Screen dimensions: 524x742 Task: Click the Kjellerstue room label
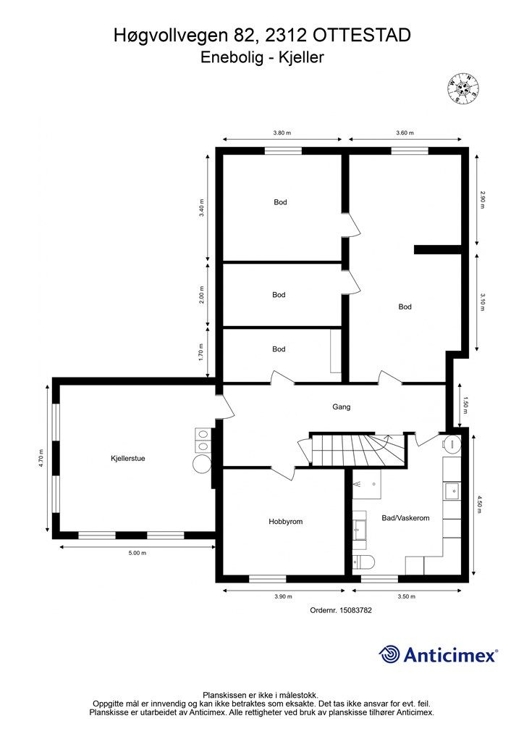pyautogui.click(x=127, y=458)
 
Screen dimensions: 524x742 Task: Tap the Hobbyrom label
pyautogui.click(x=285, y=522)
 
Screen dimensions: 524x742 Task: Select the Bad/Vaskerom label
pyautogui.click(x=405, y=517)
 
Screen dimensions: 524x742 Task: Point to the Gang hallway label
pyautogui.click(x=341, y=407)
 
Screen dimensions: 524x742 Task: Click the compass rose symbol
pyautogui.click(x=463, y=88)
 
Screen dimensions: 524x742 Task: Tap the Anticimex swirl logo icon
pyautogui.click(x=389, y=654)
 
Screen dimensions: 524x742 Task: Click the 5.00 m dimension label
pyautogui.click(x=138, y=553)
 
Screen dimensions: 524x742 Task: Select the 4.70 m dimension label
pyautogui.click(x=41, y=458)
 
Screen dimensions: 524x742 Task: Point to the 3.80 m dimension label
pyautogui.click(x=282, y=133)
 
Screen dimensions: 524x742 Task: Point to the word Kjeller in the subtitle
pyautogui.click(x=301, y=57)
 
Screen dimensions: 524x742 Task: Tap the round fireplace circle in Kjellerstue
pyautogui.click(x=203, y=463)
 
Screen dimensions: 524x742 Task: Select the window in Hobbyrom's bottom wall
pyautogui.click(x=268, y=578)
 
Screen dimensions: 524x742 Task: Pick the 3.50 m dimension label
pyautogui.click(x=406, y=596)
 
